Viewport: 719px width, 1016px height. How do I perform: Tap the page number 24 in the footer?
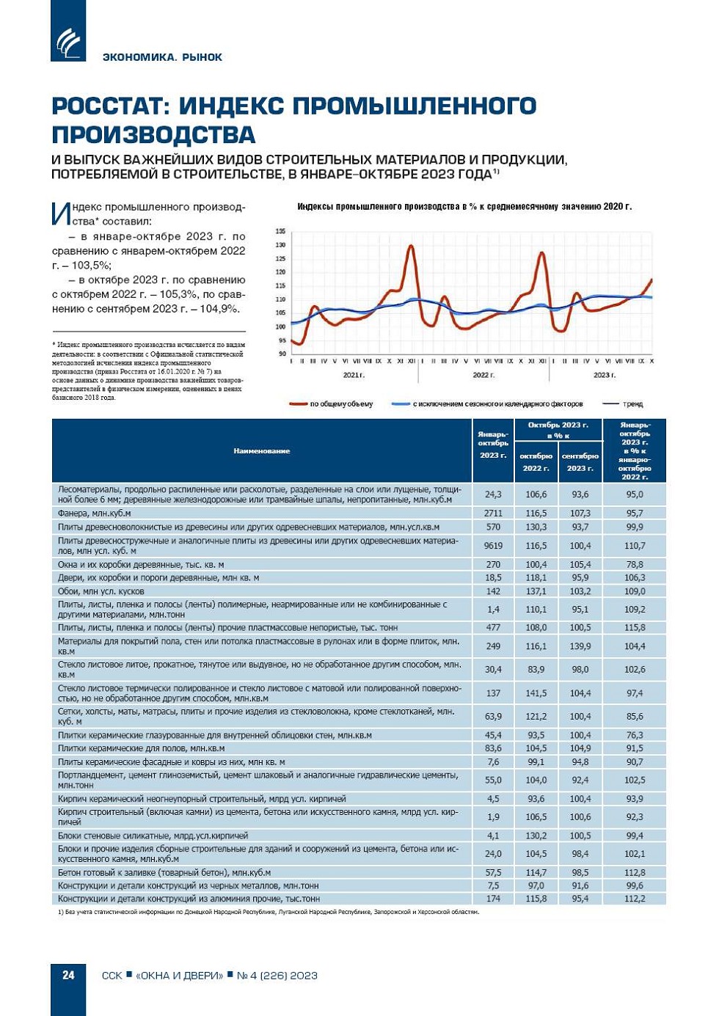tap(68, 975)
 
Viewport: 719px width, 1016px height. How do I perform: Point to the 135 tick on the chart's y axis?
tap(280, 231)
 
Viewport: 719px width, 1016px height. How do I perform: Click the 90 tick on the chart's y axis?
tap(282, 354)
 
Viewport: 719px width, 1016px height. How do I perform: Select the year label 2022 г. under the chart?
tap(483, 375)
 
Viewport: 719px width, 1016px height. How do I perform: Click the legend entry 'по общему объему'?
tap(341, 404)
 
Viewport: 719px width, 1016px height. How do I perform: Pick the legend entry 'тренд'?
tap(632, 404)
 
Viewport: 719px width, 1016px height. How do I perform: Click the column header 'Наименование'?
tap(262, 450)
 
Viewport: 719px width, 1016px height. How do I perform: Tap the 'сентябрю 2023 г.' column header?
tap(580, 461)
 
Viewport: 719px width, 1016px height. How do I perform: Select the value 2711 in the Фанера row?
tap(493, 514)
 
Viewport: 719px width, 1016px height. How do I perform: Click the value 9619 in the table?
tap(493, 546)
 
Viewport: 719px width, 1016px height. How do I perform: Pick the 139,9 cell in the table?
tap(580, 646)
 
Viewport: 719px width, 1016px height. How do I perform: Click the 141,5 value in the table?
tap(536, 693)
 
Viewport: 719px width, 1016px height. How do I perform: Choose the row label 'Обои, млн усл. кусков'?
tap(101, 591)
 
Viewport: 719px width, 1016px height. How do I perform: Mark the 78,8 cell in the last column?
tap(634, 565)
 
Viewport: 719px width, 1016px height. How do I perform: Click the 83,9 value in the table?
tap(536, 670)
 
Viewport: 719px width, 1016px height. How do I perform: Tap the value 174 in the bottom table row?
tap(493, 899)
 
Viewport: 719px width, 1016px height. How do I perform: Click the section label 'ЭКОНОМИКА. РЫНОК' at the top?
tap(162, 57)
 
